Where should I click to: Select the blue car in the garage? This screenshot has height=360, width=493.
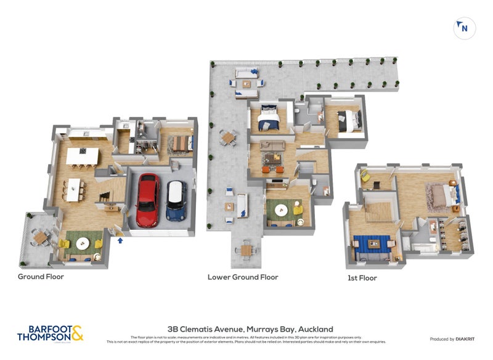click(x=177, y=200)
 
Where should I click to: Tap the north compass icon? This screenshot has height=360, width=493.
click(x=465, y=28)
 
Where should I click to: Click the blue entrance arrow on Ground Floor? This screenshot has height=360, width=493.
click(x=120, y=240)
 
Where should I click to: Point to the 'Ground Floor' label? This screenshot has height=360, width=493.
click(x=41, y=277)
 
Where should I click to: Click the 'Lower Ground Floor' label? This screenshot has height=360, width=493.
click(x=242, y=277)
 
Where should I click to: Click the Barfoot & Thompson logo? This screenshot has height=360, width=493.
click(x=50, y=333)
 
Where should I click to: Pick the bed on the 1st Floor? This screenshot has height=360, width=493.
click(x=441, y=196)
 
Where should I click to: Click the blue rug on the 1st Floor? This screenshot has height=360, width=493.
click(x=372, y=243)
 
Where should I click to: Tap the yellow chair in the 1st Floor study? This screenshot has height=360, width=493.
click(x=365, y=177)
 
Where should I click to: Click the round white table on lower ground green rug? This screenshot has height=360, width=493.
click(x=282, y=209)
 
